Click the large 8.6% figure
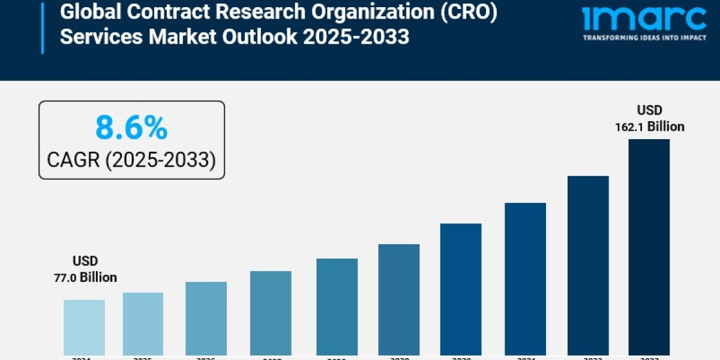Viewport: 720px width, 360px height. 131,128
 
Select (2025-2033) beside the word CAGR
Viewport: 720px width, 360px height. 161,160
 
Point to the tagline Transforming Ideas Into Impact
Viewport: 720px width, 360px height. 644,38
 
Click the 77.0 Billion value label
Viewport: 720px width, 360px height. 86,277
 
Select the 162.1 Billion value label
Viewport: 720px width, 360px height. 649,127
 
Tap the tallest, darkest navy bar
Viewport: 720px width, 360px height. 649,246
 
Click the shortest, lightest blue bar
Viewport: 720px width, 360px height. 84,327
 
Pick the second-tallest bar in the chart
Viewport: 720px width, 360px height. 588,265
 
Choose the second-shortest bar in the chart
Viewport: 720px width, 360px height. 143,323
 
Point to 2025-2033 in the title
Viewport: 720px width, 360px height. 356,37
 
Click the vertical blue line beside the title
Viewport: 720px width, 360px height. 43,26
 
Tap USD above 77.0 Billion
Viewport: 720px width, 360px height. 85,261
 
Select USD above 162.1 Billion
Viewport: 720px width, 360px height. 649,110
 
